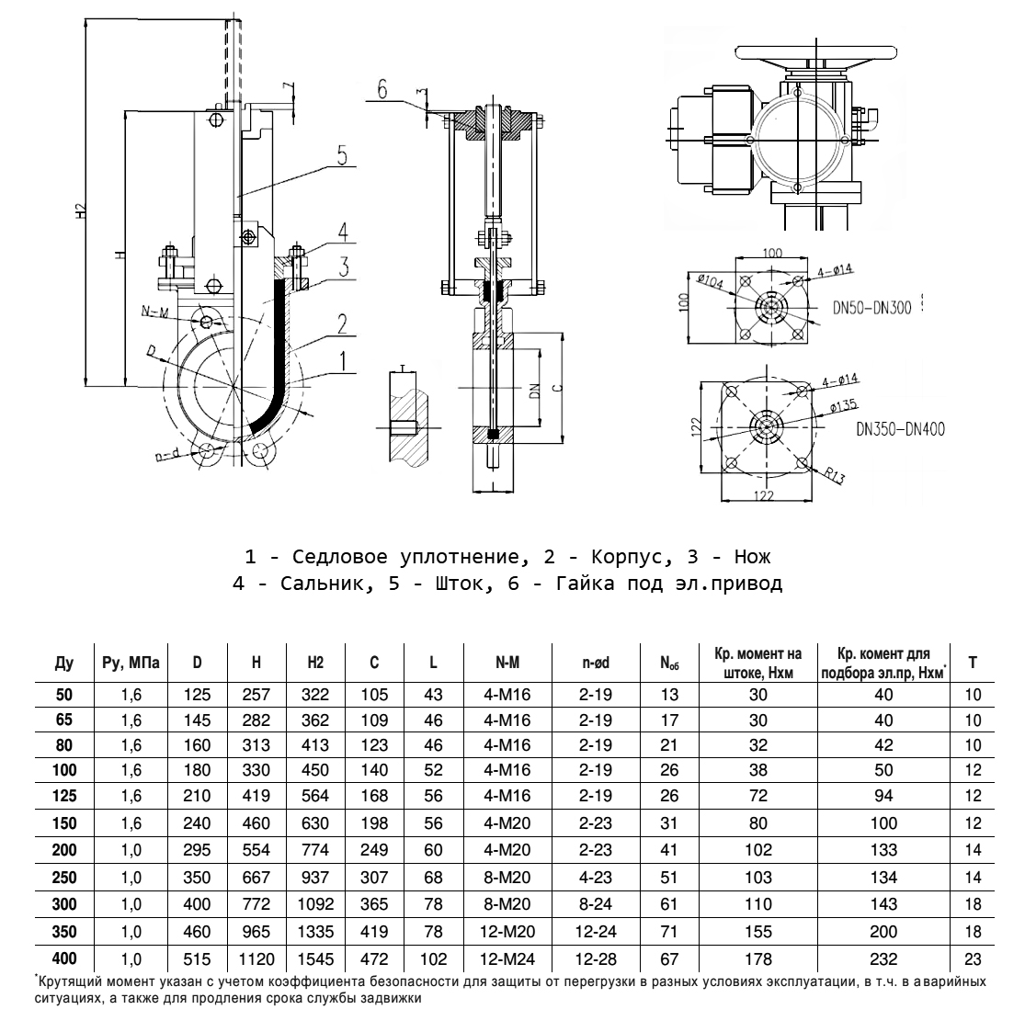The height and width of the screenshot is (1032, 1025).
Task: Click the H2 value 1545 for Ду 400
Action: [315, 959]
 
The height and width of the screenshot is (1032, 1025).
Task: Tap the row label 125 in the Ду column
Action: [64, 796]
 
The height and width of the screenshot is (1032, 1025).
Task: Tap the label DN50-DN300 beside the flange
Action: [872, 309]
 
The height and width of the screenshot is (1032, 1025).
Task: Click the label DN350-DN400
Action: [900, 428]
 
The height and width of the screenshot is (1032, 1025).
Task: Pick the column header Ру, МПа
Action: [130, 663]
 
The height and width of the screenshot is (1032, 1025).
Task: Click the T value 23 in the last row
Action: [974, 959]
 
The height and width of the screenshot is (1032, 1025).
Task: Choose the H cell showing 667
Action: [256, 877]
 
